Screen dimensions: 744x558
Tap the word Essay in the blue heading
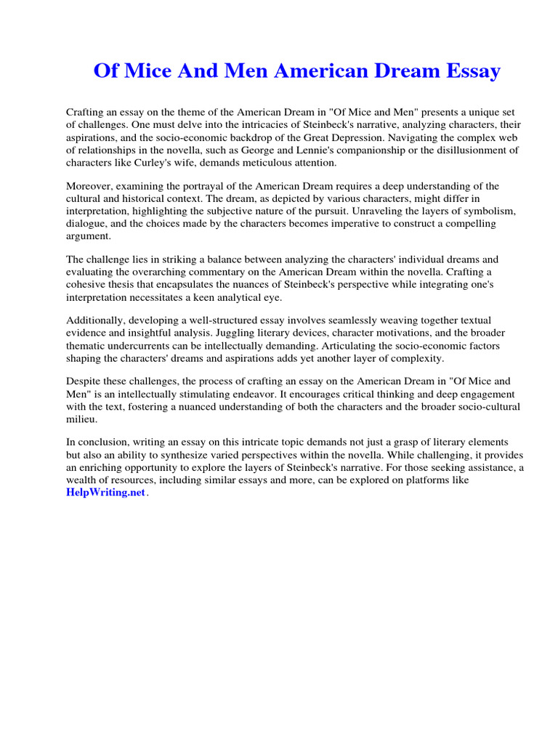click(472, 71)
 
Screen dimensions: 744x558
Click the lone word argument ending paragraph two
click(89, 235)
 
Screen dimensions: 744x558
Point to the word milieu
click(81, 419)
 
